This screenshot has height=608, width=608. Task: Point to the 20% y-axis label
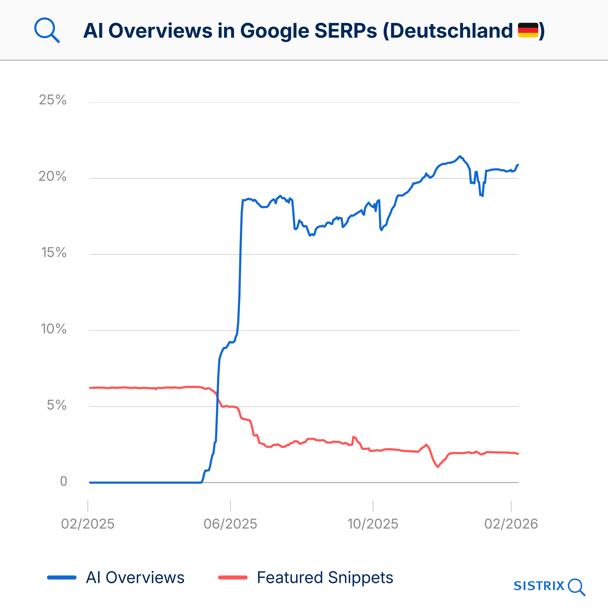52,176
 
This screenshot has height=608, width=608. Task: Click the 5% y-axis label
57,405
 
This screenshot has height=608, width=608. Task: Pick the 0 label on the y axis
64,481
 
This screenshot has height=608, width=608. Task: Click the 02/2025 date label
88,524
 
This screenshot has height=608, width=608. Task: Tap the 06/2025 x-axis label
230,524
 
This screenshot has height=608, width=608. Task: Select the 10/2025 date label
373,524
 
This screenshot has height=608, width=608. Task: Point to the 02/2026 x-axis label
511,524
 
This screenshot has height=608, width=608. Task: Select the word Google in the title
274,31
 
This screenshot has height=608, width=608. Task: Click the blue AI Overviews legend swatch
62,577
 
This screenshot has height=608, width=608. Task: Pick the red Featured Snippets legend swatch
233,577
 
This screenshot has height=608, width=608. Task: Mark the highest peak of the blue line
460,156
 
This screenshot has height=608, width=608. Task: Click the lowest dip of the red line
438,467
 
